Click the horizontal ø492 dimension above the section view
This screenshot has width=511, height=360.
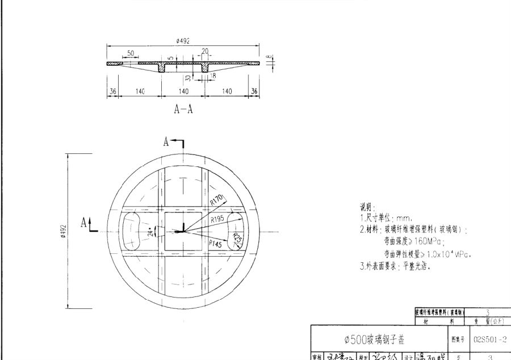pos(182,41)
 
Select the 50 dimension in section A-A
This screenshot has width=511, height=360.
pos(131,53)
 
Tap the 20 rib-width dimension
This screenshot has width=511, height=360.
pos(204,51)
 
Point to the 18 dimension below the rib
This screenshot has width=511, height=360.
pos(213,75)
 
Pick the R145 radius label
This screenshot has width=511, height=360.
pos(216,242)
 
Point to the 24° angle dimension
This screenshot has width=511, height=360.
pos(150,232)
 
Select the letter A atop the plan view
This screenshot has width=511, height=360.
pos(166,142)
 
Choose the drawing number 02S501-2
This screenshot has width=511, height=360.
pos(489,339)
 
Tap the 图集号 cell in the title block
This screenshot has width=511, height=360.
pos(458,339)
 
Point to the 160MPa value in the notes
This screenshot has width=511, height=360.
pos(408,241)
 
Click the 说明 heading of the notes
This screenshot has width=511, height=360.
pos(367,207)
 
